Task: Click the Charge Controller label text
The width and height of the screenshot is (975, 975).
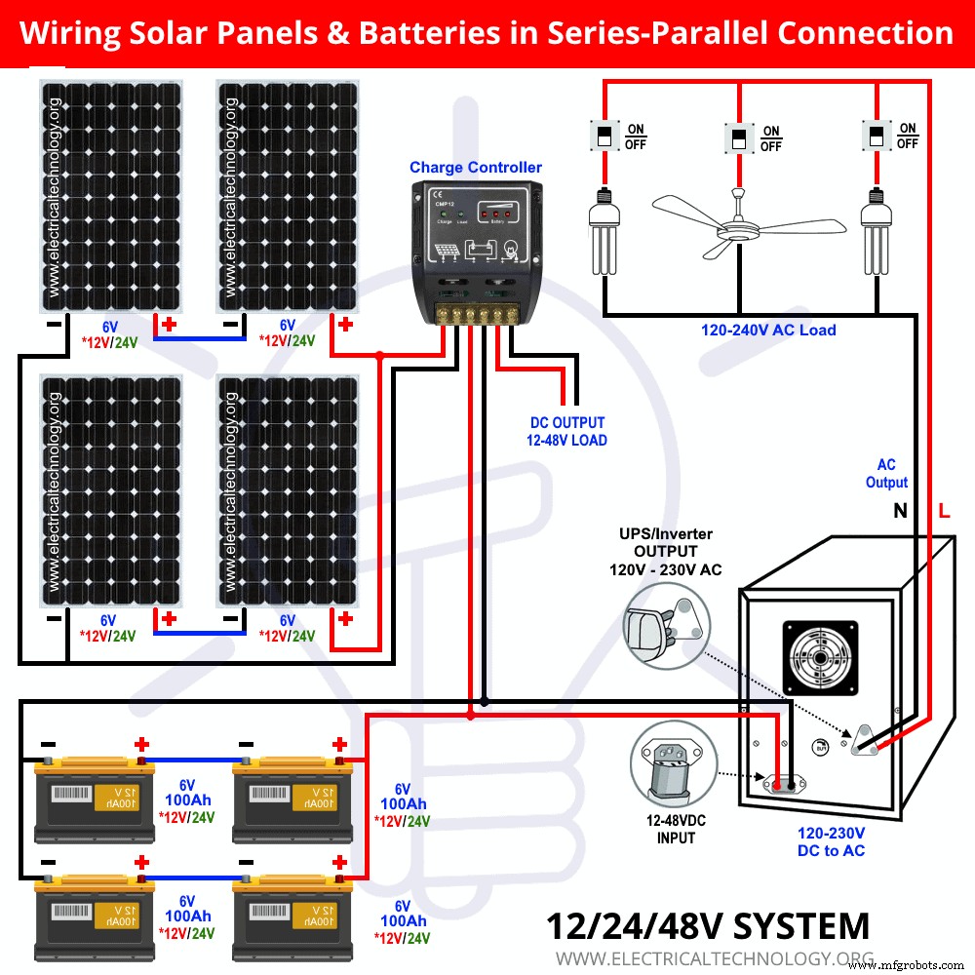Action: click(475, 168)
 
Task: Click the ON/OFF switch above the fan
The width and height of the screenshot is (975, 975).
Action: click(739, 137)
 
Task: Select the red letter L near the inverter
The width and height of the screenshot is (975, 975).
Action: click(943, 511)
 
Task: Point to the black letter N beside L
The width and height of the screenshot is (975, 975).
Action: click(900, 511)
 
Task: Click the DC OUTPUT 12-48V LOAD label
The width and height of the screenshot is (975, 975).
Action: click(566, 432)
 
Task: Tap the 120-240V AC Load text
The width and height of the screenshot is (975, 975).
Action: click(768, 331)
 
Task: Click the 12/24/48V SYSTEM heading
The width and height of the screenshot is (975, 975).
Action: click(707, 925)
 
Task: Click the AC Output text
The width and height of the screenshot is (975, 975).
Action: click(886, 474)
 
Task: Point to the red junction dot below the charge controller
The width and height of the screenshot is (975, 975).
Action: click(471, 717)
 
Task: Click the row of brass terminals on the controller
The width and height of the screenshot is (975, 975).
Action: click(475, 316)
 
